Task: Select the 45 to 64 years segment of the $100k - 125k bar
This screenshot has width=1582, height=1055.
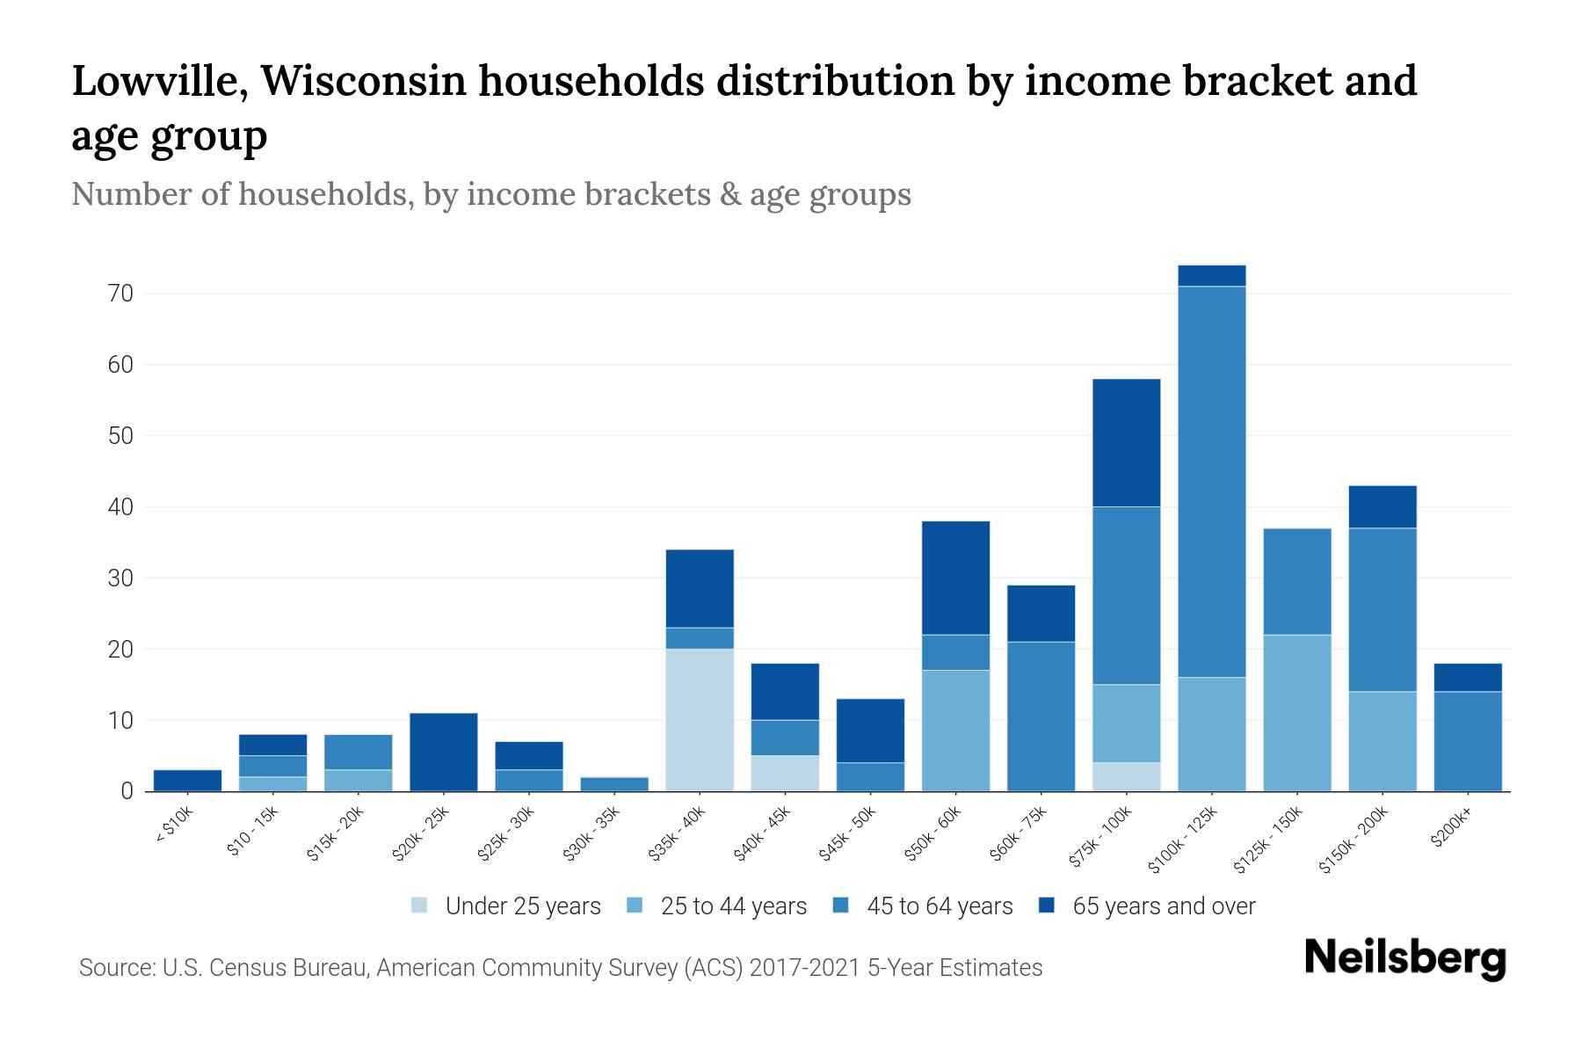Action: [x=1211, y=481]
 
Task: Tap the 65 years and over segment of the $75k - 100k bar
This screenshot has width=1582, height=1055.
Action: [x=1126, y=442]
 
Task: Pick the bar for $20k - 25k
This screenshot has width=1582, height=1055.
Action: [x=444, y=752]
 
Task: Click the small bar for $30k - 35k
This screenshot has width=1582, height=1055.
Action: [x=614, y=784]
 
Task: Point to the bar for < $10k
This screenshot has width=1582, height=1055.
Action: [x=187, y=781]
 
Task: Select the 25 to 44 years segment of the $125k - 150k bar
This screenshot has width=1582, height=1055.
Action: [x=1296, y=712]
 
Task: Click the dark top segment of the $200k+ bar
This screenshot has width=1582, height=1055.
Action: [x=1467, y=677]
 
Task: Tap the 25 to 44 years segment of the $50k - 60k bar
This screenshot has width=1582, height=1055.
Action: [x=955, y=730]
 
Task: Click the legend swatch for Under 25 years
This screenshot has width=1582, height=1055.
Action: [x=420, y=906]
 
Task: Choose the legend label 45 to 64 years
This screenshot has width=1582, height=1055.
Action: [x=939, y=906]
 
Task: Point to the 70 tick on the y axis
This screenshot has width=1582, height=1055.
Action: [x=121, y=294]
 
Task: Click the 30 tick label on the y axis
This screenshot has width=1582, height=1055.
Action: [x=121, y=578]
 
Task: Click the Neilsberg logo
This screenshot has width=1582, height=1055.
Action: [x=1404, y=958]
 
